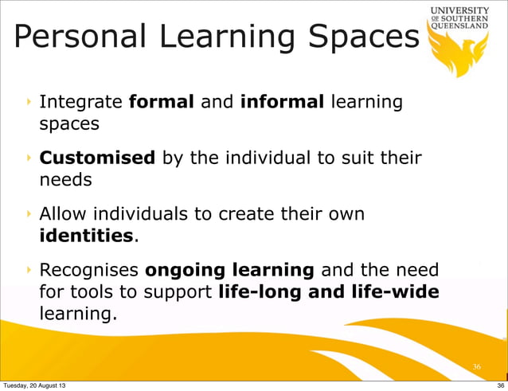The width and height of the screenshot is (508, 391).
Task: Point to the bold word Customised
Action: click(97, 158)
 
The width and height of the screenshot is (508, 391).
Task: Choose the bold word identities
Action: click(86, 236)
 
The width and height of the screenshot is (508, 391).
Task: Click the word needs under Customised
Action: click(65, 180)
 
